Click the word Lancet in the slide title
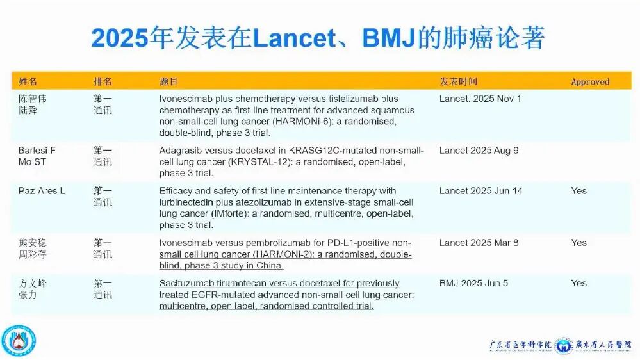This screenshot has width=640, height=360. tap(294, 38)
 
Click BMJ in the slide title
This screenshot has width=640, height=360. tap(388, 38)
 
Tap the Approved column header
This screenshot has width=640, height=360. tap(590, 81)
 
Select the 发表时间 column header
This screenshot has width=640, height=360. tap(458, 81)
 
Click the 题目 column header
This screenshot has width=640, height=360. tap(168, 81)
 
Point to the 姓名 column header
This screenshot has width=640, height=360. tap(28, 81)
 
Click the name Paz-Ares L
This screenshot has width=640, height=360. tap(42, 191)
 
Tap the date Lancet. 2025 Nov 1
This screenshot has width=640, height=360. tap(480, 99)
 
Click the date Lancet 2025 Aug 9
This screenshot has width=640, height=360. tap(479, 150)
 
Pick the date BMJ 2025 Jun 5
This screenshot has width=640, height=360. tap(473, 283)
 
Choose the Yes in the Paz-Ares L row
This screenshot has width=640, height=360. tap(578, 191)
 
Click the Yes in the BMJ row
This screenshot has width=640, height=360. tap(578, 283)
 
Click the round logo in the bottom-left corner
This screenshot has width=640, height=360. tap(19, 340)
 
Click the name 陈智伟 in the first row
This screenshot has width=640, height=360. tap(32, 99)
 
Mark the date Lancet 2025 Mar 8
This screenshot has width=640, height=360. tap(479, 243)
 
